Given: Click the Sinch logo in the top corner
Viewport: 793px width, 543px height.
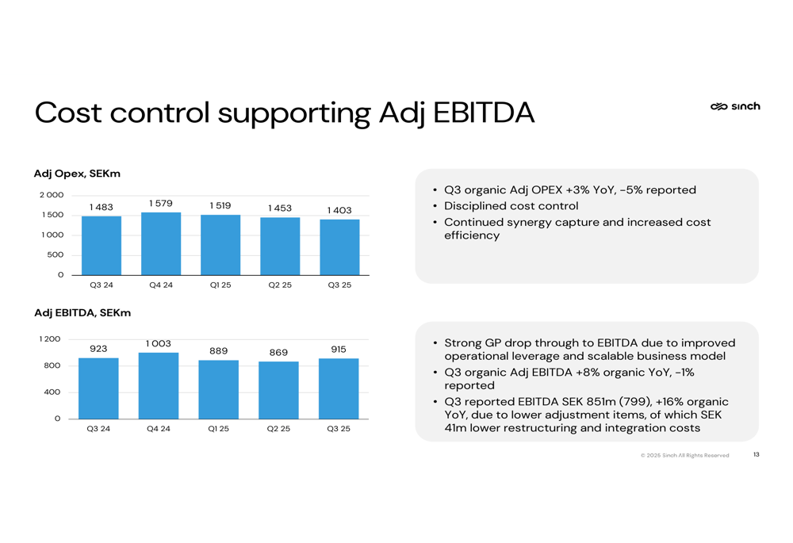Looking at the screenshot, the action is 735,106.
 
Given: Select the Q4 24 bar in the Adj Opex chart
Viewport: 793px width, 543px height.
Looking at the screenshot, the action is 161,243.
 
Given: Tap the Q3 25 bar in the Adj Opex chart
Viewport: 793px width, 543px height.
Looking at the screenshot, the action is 339,247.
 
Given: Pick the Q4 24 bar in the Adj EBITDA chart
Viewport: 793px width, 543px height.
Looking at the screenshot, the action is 159,386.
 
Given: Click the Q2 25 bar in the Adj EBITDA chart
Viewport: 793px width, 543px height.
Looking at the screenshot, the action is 278,390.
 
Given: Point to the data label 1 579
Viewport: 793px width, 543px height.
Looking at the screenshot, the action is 161,203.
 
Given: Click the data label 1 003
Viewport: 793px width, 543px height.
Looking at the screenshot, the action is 159,344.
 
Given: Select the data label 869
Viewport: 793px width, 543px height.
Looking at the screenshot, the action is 278,353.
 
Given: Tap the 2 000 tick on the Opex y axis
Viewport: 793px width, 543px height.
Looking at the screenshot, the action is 52,195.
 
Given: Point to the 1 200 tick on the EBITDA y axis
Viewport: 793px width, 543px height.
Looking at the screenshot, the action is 49,338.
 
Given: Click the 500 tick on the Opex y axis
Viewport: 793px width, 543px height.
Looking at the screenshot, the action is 56,254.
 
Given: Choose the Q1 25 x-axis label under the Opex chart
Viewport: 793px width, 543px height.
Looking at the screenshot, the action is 220,285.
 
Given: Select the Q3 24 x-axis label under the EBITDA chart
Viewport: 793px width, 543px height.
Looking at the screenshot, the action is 98,429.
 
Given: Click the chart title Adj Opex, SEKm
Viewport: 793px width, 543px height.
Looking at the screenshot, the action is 77,174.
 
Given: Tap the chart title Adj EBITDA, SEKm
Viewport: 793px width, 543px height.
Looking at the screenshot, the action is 82,313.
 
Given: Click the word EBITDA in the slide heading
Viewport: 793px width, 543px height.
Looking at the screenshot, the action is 484,113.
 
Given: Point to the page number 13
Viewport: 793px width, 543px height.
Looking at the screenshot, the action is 756,454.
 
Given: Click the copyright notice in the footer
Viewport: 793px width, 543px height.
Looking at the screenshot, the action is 685,456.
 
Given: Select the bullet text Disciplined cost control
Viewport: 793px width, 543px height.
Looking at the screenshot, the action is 511,206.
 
